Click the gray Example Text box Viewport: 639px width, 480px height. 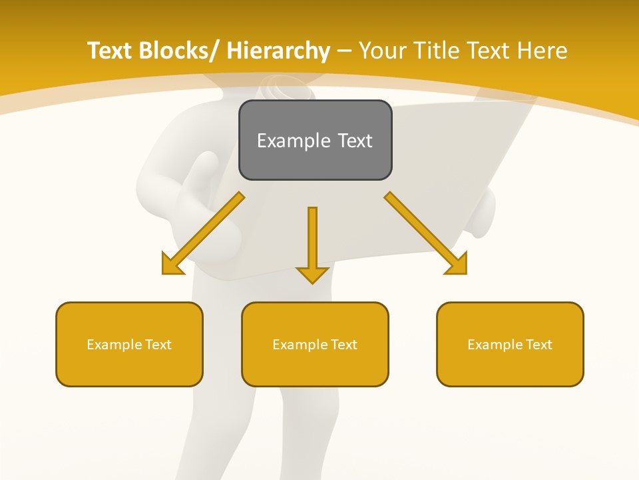[x=315, y=140]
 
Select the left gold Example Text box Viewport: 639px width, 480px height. [x=129, y=344]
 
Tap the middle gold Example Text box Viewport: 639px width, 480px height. [x=315, y=344]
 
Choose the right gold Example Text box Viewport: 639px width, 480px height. [x=510, y=344]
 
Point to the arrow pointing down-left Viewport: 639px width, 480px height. [x=203, y=233]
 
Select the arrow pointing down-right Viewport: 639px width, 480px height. [x=426, y=233]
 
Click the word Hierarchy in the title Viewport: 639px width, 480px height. [x=278, y=51]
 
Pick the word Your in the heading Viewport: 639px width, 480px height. [x=383, y=51]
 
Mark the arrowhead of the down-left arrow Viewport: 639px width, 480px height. [x=171, y=265]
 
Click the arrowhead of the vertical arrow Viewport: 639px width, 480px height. [x=312, y=275]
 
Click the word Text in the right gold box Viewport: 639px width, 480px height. [x=538, y=344]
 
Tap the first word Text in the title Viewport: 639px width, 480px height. [x=111, y=51]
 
